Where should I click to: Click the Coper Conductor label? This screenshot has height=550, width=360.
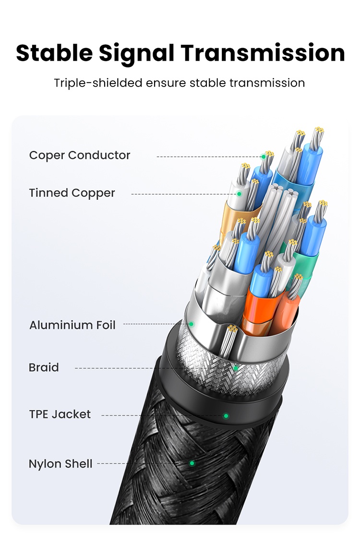(x=80, y=155)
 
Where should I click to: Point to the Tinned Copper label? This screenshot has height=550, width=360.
(x=72, y=193)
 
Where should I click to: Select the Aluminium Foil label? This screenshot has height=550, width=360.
(x=72, y=325)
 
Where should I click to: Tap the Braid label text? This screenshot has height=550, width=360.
(x=44, y=368)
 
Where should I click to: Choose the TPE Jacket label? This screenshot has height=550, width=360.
(x=60, y=414)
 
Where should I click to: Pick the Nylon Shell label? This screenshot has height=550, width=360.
(x=60, y=464)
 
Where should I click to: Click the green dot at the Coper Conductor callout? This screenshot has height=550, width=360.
(x=264, y=157)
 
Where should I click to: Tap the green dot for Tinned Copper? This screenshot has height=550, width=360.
(x=239, y=194)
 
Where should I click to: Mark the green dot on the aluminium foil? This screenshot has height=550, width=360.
(x=191, y=324)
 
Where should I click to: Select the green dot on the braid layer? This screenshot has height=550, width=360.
(x=235, y=368)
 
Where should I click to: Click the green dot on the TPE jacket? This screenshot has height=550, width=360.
(x=226, y=416)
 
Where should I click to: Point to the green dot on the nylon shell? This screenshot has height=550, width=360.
(x=192, y=464)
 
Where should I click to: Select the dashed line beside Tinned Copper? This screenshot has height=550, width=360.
(x=182, y=194)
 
